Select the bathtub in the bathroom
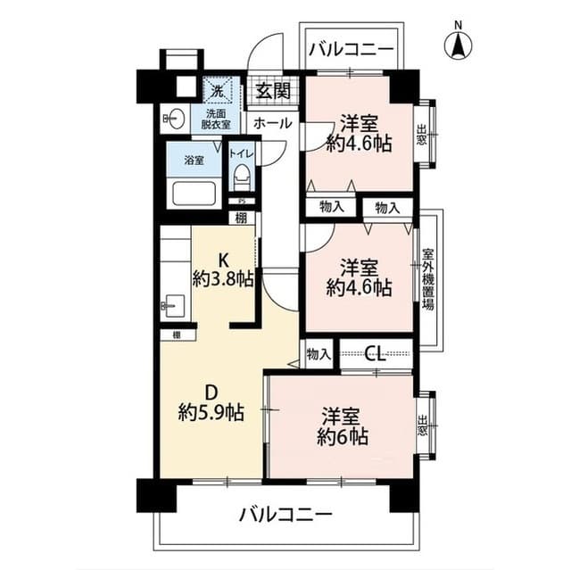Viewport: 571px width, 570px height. pyautogui.click(x=193, y=195)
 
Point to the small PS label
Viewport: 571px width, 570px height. pyautogui.click(x=241, y=201)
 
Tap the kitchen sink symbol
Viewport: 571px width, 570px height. pyautogui.click(x=172, y=307)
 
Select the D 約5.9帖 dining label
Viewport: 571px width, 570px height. pyautogui.click(x=211, y=401)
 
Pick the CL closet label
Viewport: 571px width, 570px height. pyautogui.click(x=376, y=353)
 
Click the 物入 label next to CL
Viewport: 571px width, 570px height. pyautogui.click(x=318, y=353)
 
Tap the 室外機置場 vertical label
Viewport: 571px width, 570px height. pyautogui.click(x=427, y=279)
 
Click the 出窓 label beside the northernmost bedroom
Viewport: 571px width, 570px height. pyautogui.click(x=421, y=133)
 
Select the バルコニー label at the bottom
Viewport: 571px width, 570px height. pyautogui.click(x=285, y=515)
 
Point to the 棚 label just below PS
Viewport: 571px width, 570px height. pyautogui.click(x=241, y=216)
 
